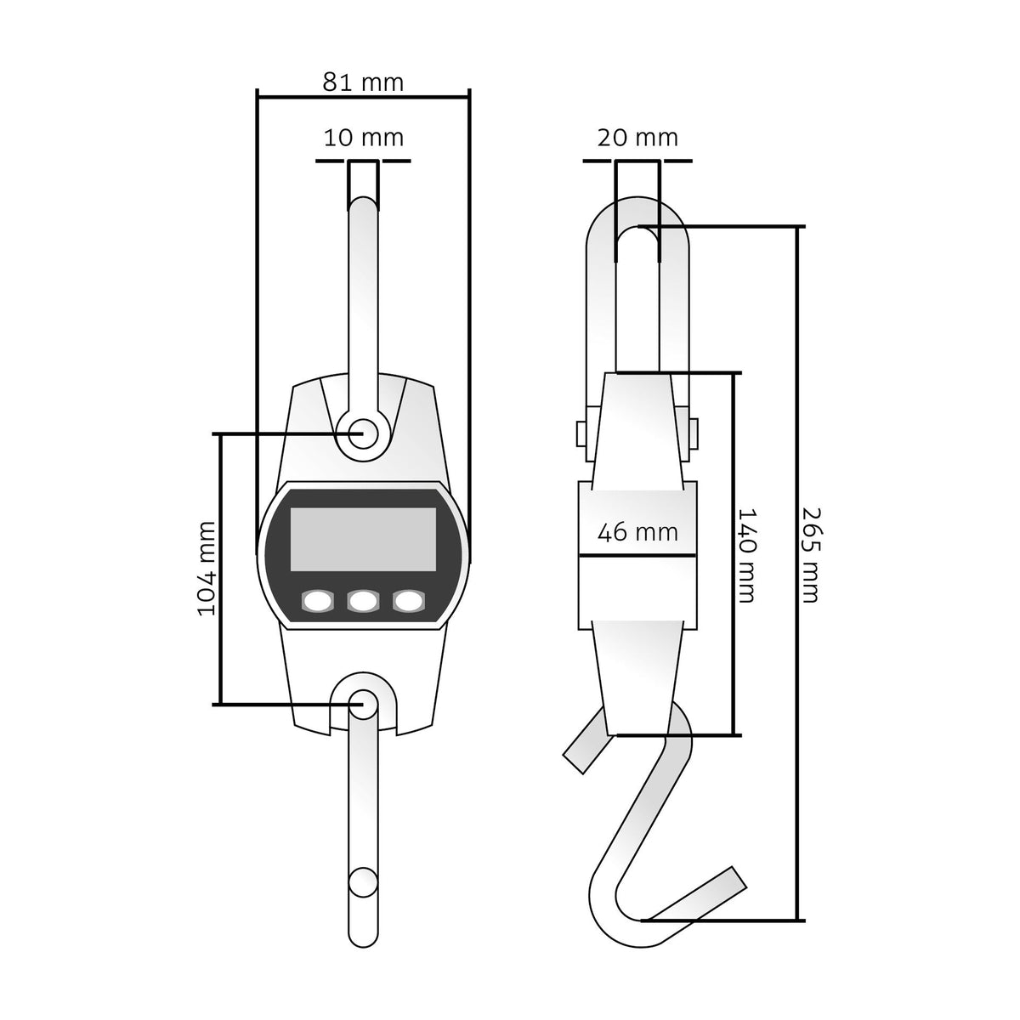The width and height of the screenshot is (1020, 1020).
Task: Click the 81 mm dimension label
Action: (x=363, y=82)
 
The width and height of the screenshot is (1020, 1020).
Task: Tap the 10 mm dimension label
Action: (x=363, y=138)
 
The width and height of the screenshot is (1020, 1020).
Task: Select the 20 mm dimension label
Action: (x=637, y=138)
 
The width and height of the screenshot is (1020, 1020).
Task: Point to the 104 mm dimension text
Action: (x=207, y=569)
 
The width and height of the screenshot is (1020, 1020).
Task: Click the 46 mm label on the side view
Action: (x=637, y=532)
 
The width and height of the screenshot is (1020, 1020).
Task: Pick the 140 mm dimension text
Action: (x=747, y=556)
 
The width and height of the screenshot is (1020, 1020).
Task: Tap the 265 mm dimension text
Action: (x=810, y=556)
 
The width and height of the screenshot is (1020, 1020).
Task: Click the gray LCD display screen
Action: (x=363, y=540)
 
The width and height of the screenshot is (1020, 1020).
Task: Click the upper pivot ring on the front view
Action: (x=363, y=433)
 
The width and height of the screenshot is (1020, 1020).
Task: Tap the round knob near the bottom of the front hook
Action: (x=363, y=881)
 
